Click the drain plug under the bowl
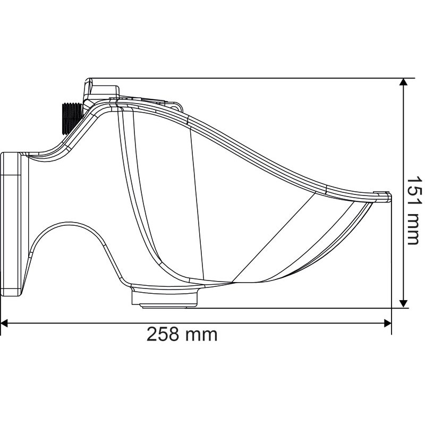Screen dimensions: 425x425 pos(164,297)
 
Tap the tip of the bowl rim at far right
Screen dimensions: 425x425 pos(389,197)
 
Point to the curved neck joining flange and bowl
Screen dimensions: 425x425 pos(58,154)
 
